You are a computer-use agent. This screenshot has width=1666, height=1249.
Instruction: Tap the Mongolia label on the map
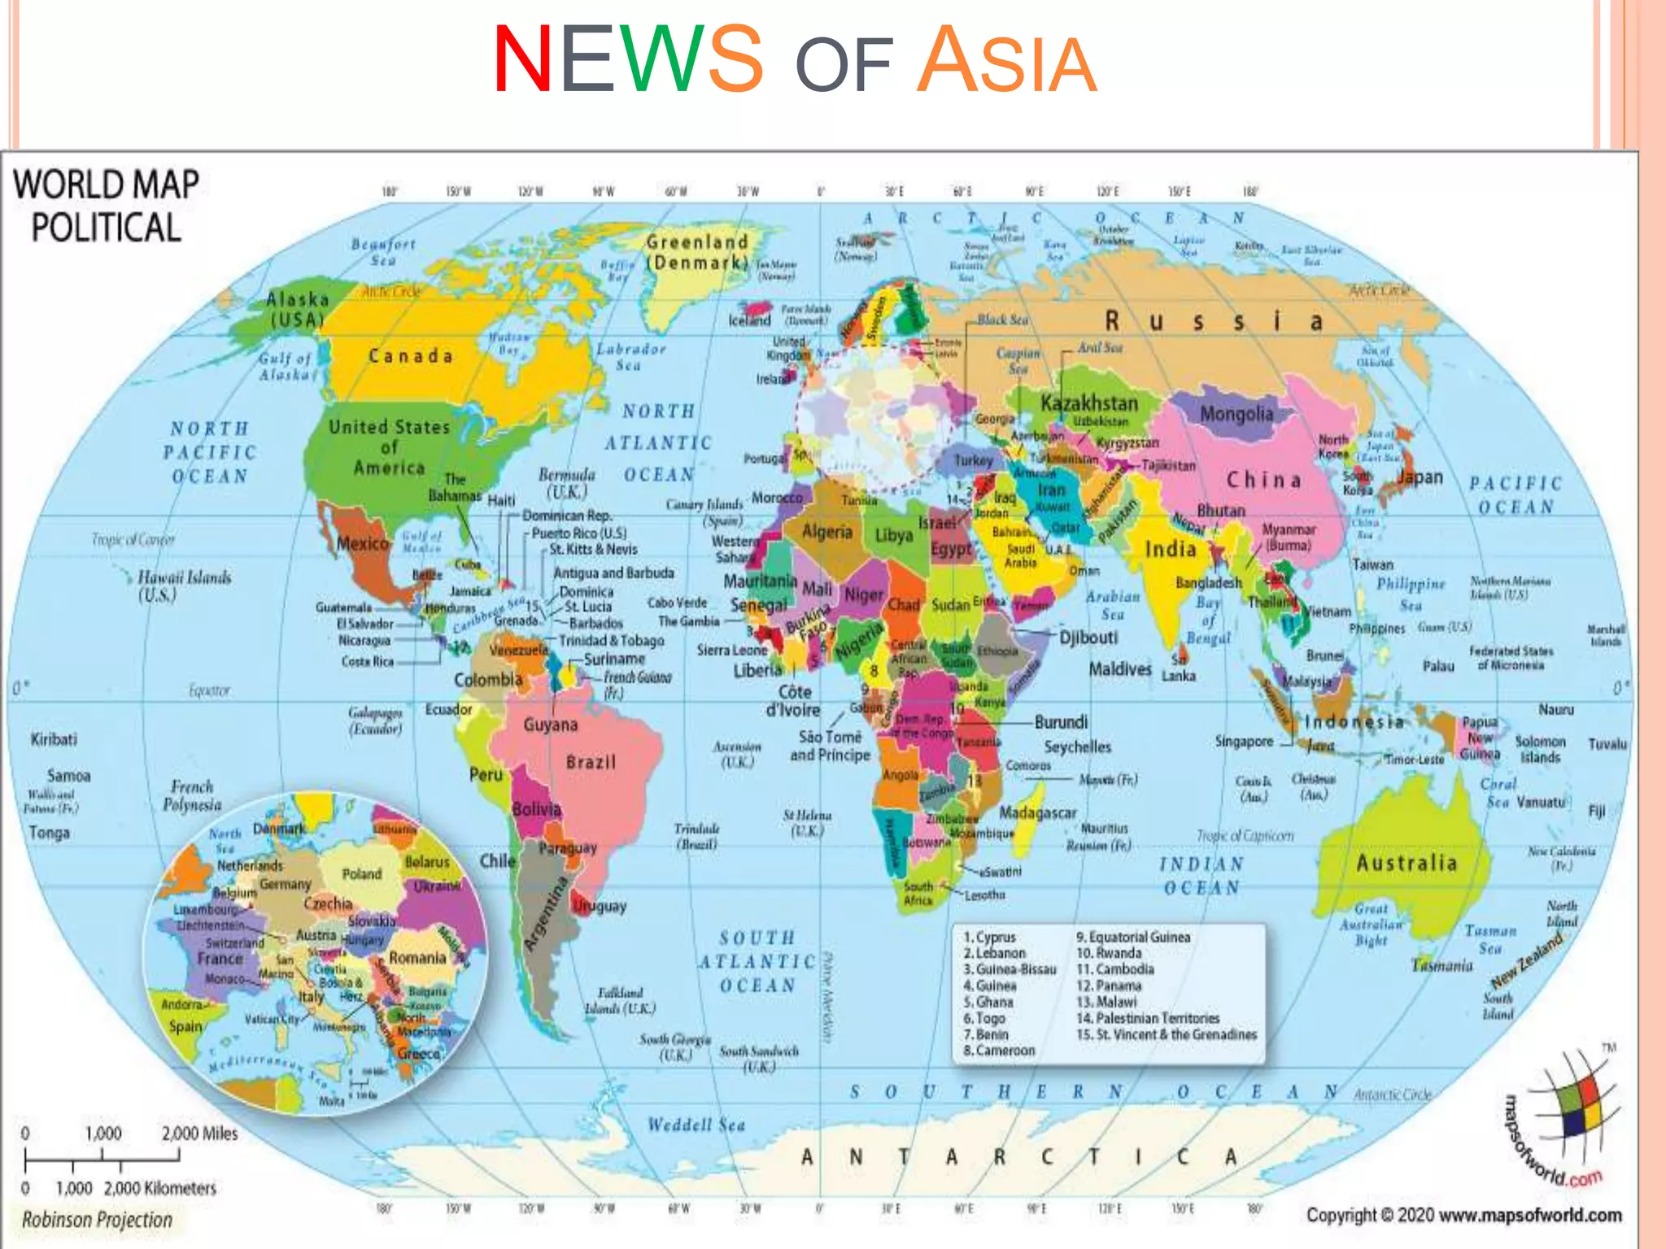(x=1236, y=414)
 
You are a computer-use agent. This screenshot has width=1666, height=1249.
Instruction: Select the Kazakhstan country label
(x=1088, y=403)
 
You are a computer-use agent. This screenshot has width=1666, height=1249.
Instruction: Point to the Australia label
(x=1406, y=863)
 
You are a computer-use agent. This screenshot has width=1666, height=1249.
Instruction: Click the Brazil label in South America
(x=591, y=763)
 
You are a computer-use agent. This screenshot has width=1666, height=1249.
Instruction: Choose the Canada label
(x=410, y=356)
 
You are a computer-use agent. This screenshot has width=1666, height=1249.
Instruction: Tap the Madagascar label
(x=1037, y=812)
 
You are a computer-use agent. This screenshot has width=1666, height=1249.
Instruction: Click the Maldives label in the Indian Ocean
(x=1120, y=669)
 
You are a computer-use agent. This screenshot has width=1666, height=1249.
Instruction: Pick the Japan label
(x=1420, y=477)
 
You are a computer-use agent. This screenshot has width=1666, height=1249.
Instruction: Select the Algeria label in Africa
(x=826, y=532)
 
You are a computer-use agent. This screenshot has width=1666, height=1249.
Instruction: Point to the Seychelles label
(x=1077, y=746)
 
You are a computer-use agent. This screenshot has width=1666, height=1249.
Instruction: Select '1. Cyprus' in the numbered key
(x=989, y=937)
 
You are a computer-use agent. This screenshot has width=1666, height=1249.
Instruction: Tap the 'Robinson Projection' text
(x=97, y=1220)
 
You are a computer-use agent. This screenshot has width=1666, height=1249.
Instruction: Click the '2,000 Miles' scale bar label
(x=199, y=1134)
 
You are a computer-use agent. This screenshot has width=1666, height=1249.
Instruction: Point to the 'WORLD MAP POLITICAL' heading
(x=106, y=206)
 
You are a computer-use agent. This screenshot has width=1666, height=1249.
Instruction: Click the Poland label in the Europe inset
(x=361, y=874)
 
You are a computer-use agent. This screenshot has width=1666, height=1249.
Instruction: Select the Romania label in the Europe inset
(x=416, y=958)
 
